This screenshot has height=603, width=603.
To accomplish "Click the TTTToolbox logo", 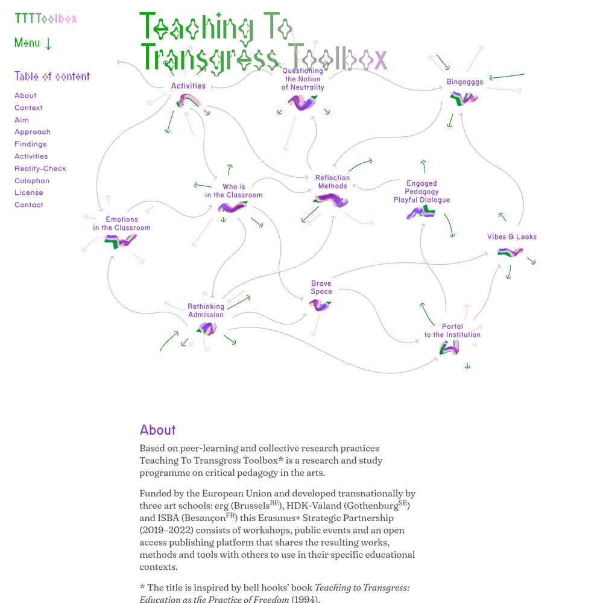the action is tap(46, 18).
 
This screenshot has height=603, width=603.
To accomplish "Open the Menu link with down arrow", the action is tap(33, 43).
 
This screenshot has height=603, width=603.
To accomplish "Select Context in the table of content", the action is tap(28, 108).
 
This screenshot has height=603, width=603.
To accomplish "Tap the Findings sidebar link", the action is tap(30, 144).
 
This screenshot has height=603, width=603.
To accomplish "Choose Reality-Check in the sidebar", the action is tap(40, 168).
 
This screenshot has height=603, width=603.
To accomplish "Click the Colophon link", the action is tap(32, 181).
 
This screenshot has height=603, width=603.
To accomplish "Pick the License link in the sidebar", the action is tap(29, 193).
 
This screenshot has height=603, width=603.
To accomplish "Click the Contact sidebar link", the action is tap(29, 205).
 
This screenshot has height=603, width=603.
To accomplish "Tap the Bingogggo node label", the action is tap(464, 82).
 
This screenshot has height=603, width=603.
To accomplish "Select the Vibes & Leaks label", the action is tap(511, 237).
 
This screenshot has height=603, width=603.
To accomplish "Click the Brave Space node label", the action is tap(321, 287).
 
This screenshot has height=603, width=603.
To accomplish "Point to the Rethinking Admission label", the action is tap(206, 311).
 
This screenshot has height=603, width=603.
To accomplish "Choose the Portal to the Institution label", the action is tap(452, 330).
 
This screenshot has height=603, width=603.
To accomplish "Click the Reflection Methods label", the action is tap(332, 182).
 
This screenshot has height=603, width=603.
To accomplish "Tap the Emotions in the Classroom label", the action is tap(122, 224).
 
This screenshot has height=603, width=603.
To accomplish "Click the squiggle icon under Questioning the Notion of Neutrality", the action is tap(302, 103).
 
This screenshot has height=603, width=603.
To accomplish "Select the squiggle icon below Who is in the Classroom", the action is tap(232, 207).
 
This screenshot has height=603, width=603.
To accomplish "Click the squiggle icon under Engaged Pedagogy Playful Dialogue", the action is tap(421, 212).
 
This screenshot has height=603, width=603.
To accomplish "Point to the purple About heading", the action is tap(157, 430).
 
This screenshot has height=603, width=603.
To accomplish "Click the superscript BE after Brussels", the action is tap(274, 503).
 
